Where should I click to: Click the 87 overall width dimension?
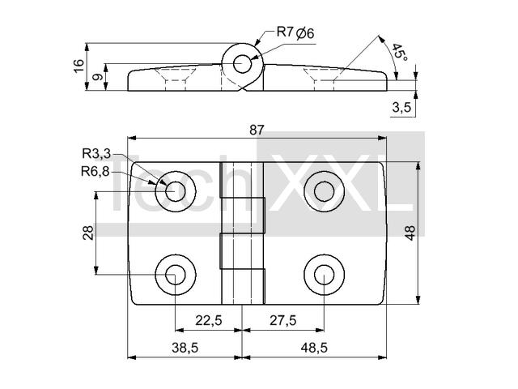point(257,130)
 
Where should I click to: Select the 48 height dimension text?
point(410,233)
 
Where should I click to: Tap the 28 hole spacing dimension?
point(88,233)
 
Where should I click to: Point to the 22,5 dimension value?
point(209,320)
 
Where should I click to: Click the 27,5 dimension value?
point(283,320)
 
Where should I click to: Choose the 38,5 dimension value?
point(185,348)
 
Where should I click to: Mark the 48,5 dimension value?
point(314,348)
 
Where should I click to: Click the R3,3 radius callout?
point(96,153)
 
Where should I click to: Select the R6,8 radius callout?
point(96,172)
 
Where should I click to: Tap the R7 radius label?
point(285,32)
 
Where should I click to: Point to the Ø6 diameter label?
point(305,33)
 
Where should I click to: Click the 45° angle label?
point(400,52)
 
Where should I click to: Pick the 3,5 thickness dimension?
point(401,108)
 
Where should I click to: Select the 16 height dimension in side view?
point(79,66)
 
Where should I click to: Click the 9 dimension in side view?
point(97,77)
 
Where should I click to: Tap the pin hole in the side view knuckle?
point(242,64)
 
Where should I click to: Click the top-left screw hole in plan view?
point(176,191)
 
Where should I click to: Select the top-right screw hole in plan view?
point(324,191)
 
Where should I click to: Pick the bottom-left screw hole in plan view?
point(176,275)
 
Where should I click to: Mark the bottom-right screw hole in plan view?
point(324,275)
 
